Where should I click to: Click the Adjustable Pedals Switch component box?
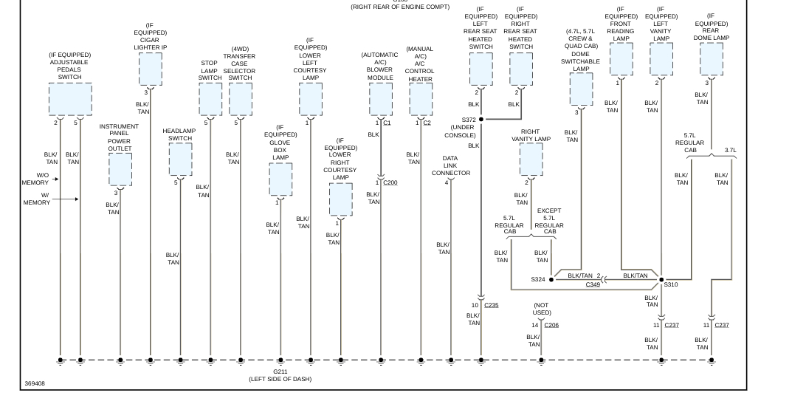pyautogui.click(x=70, y=99)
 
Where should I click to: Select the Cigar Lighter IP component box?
pyautogui.click(x=150, y=70)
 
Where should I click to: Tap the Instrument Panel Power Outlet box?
pyautogui.click(x=120, y=169)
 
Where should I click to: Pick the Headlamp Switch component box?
pyautogui.click(x=180, y=159)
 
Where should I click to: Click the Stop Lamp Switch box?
pyautogui.click(x=210, y=99)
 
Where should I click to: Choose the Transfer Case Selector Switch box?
pyautogui.click(x=241, y=99)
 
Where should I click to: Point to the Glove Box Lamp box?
pyautogui.click(x=280, y=179)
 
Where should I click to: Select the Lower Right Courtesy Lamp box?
pyautogui.click(x=340, y=199)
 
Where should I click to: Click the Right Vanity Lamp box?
pyautogui.click(x=531, y=160)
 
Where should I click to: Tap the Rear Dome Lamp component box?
pyautogui.click(x=712, y=59)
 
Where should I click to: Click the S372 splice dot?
pyautogui.click(x=481, y=119)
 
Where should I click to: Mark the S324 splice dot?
pyautogui.click(x=551, y=280)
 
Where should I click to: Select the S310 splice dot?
pyautogui.click(x=661, y=280)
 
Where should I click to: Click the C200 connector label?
pyautogui.click(x=390, y=182)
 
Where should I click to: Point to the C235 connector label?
pyautogui.click(x=492, y=305)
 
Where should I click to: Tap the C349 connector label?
pyautogui.click(x=593, y=284)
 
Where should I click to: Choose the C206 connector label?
pyautogui.click(x=551, y=325)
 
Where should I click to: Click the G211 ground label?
pyautogui.click(x=280, y=372)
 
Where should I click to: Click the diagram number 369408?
pyautogui.click(x=34, y=384)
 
